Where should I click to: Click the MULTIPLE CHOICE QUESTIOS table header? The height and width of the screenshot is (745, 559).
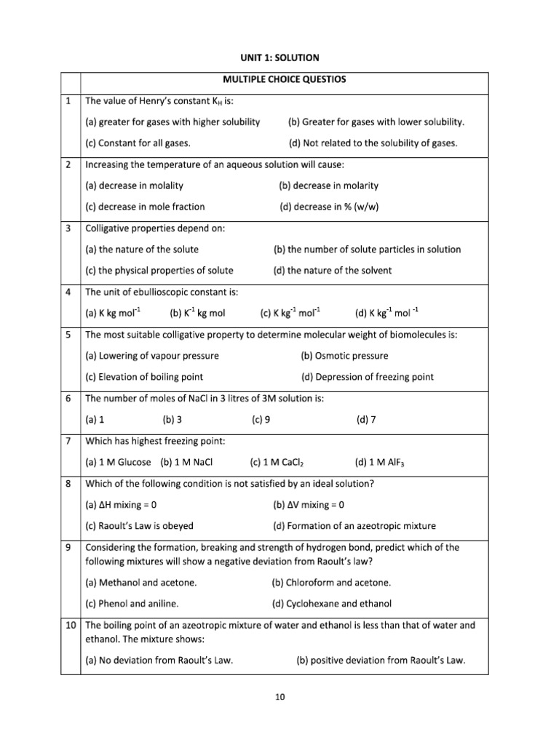coord(284,80)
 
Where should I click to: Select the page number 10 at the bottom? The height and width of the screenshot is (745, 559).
coord(279,697)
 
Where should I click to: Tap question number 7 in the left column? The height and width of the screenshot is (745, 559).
coord(68,441)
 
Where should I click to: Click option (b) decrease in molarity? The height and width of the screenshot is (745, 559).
coord(328,186)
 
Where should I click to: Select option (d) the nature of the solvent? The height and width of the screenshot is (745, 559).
coord(332,270)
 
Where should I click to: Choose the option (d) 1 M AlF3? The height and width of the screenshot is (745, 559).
coord(378,462)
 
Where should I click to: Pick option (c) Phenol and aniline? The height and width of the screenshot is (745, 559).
coord(132,603)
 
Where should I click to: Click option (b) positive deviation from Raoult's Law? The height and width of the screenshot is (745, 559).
coord(380,661)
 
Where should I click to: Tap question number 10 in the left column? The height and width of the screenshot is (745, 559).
coord(69,624)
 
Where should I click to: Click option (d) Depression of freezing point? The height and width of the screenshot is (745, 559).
coord(367,377)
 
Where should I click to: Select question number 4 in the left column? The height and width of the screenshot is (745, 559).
coord(68,292)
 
